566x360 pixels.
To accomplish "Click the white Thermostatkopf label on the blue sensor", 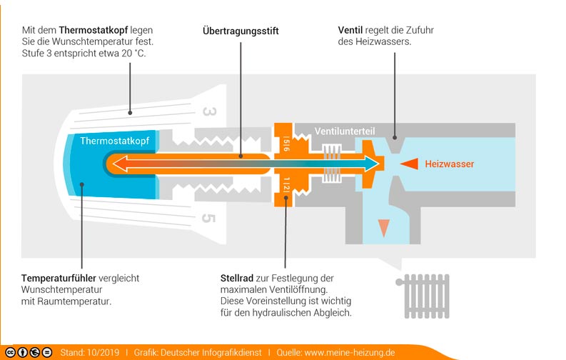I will click(x=114, y=141).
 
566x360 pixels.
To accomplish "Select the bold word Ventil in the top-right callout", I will click(x=351, y=31).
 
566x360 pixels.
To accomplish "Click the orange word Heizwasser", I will click(x=449, y=164).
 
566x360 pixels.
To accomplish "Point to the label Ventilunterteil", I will click(x=345, y=132).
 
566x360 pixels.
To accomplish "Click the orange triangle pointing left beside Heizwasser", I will click(x=408, y=164).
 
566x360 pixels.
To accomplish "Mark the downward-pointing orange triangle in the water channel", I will click(x=383, y=227).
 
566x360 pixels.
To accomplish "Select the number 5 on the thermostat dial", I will click(x=209, y=217).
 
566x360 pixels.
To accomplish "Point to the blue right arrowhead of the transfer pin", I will click(x=370, y=164).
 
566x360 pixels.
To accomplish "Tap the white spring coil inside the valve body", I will click(x=333, y=164).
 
